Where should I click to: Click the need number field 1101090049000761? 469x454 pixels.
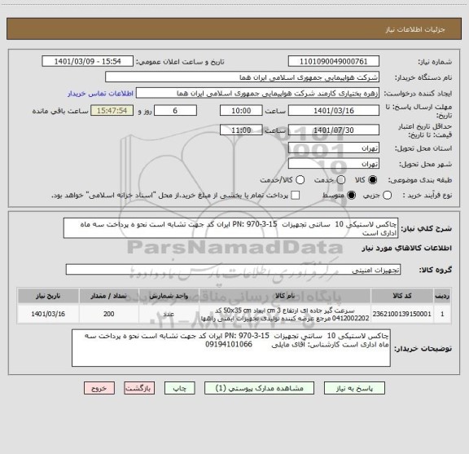pyautogui.click(x=334, y=61)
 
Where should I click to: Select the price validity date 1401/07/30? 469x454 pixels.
pyautogui.click(x=334, y=129)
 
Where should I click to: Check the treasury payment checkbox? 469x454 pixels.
pyautogui.click(x=296, y=196)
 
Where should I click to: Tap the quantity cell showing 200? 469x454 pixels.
pyautogui.click(x=109, y=313)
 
